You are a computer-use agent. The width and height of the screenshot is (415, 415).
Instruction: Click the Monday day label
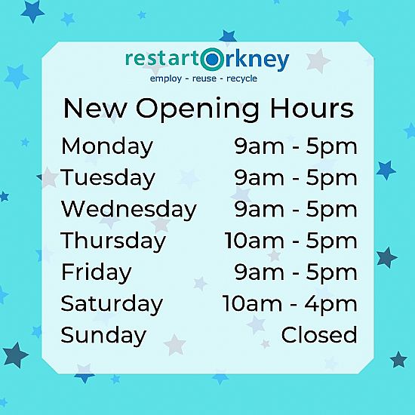tap(107, 147)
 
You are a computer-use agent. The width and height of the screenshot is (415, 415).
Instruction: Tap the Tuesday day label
tap(108, 178)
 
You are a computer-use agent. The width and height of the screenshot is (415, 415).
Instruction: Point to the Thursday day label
tap(113, 241)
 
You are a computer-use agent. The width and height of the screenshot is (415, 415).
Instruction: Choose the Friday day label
tap(97, 272)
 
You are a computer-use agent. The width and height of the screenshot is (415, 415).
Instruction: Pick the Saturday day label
tap(112, 304)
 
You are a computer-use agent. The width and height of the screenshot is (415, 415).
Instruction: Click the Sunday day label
tap(103, 335)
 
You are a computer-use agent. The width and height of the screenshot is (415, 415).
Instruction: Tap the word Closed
tap(319, 335)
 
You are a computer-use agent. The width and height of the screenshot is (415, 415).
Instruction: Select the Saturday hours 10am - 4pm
tap(290, 304)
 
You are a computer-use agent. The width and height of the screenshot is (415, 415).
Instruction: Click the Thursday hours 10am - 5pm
tap(290, 241)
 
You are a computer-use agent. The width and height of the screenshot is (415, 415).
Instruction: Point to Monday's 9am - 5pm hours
tap(296, 147)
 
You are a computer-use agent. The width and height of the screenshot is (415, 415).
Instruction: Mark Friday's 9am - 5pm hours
tap(296, 273)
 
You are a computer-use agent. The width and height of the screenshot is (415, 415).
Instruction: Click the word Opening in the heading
tap(198, 109)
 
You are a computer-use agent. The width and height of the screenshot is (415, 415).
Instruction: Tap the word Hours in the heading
tap(312, 108)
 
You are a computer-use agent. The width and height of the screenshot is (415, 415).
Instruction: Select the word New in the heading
tap(94, 108)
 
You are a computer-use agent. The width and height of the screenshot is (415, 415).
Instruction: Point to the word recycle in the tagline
tap(242, 78)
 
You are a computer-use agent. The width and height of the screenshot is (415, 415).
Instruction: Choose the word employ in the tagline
tap(166, 78)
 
